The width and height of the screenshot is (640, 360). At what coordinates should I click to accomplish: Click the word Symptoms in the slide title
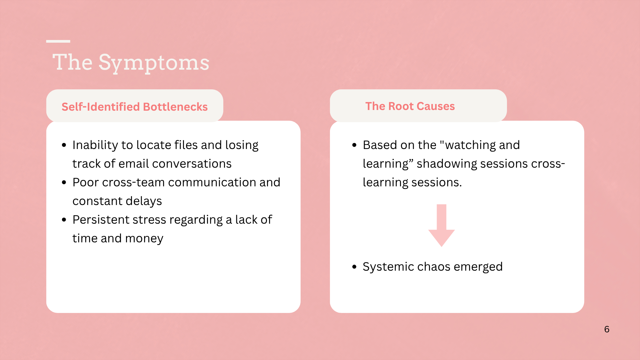[x=154, y=63]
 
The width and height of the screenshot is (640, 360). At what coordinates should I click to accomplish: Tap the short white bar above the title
[x=58, y=41]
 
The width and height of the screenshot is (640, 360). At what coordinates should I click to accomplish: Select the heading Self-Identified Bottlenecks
[x=135, y=107]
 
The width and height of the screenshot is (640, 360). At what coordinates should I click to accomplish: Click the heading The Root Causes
[x=410, y=106]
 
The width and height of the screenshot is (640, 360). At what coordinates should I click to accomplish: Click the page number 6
[x=607, y=329]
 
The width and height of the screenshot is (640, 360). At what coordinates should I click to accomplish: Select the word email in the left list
[x=133, y=164]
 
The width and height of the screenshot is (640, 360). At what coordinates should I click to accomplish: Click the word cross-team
[x=133, y=182]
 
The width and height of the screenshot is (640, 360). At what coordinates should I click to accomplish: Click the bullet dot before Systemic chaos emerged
[x=354, y=267]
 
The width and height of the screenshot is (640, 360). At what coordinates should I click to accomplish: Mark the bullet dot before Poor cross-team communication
[x=64, y=182]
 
